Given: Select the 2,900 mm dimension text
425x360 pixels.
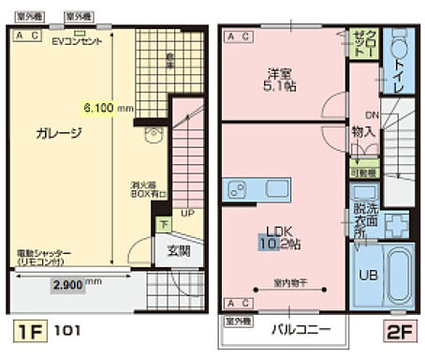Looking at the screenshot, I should tap(76, 281).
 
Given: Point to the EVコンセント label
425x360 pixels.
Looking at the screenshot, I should tap(76, 41).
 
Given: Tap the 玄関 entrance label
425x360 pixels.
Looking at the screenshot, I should tap(178, 250).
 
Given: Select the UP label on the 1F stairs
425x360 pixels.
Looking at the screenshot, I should tap(187, 214).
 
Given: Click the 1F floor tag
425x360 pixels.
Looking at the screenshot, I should tap(29, 331).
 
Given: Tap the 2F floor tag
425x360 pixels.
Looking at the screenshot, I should tap(397, 331).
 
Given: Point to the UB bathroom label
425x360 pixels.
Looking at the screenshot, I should tap(367, 277).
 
